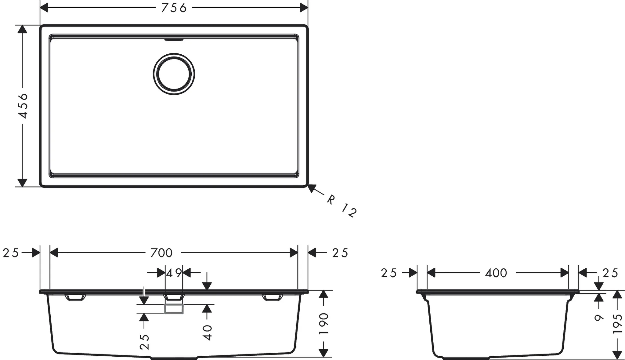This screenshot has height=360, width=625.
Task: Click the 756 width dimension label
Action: pos(174,8)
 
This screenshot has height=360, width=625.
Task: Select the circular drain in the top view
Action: pos(174,74)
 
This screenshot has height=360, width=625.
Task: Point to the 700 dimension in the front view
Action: pos(161,253)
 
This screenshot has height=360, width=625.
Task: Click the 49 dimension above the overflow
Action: pos(174,273)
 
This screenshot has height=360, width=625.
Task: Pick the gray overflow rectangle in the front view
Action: pos(174,309)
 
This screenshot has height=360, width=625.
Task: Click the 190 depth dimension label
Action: pos(323,323)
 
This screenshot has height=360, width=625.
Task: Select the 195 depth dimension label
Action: pos(617,324)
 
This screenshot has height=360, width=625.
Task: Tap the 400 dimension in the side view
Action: pos(496,273)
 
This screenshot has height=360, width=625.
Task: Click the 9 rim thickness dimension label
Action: pos(599,318)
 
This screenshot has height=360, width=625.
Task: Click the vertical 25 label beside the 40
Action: pos(144,342)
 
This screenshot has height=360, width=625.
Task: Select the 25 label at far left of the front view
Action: pos(11,253)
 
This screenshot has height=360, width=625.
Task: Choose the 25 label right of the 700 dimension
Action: pos(340,253)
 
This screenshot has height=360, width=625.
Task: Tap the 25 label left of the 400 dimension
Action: pos(389,273)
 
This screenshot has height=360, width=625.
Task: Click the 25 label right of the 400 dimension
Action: pos(610,273)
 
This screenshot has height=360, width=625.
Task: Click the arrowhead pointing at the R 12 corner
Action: pos(311,188)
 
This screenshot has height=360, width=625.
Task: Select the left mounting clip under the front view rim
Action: pos(75,297)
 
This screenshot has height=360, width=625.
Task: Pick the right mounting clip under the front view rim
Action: pos(272,297)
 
